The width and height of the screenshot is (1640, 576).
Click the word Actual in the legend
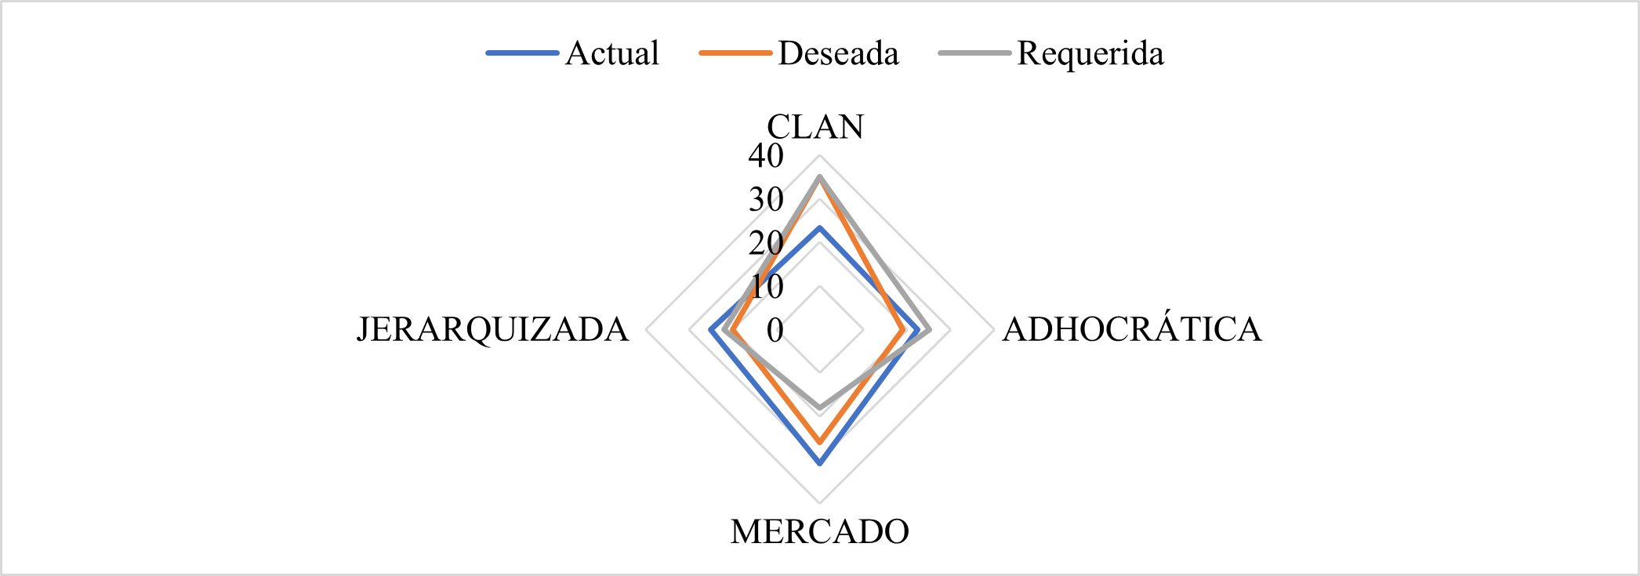pos(611,53)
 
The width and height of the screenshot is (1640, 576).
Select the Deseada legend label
pos(838,53)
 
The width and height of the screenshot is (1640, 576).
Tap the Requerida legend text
pos(1090,53)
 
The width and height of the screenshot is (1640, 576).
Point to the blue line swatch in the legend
pos(522,53)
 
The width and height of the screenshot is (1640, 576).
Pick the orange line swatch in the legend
pos(735,53)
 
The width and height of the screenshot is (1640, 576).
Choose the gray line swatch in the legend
pos(974,53)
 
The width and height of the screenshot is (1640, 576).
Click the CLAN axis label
pos(815,127)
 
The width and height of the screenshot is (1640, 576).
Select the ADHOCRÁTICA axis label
pos(1132,329)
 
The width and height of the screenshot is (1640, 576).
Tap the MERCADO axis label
pos(819,532)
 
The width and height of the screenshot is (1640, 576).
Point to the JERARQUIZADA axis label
pos(492,329)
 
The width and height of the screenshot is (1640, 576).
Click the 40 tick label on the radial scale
pos(766,156)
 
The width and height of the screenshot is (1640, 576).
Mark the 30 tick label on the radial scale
pos(766,200)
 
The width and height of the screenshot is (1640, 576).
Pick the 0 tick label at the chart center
pos(775,331)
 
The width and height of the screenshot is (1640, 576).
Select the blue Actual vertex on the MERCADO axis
pos(820,464)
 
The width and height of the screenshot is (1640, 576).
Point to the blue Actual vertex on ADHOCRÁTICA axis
pos(917,330)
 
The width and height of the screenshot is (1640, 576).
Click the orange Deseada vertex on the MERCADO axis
pos(820,442)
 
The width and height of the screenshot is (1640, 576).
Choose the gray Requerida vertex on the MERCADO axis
pos(820,408)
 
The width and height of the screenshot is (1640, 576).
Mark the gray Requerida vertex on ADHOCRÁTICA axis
pos(929,330)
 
